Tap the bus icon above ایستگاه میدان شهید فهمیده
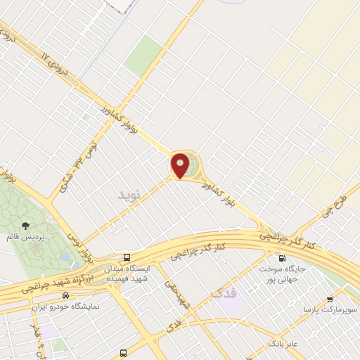(x=127, y=258)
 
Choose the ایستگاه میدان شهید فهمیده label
(x=127, y=274)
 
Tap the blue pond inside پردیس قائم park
(x=65, y=258)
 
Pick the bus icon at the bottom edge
(x=124, y=353)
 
